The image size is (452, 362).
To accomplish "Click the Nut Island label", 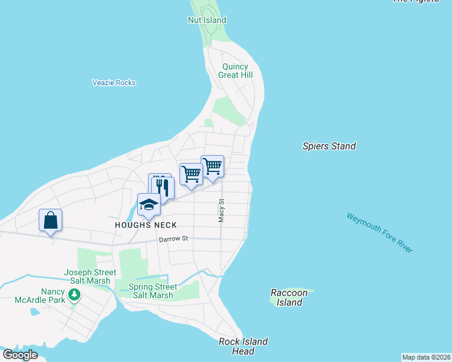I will coord(207,21).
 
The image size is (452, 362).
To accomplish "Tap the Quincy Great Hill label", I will coord(235,71).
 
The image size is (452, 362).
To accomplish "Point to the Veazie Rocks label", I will coord(114,83).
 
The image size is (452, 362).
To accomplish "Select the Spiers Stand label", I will coord(329,146).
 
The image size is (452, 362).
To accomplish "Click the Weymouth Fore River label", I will coord(379,232).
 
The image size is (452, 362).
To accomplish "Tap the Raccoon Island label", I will coord(289,297).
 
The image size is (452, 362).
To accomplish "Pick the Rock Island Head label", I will coord(243,346).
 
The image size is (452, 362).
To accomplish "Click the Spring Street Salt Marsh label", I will coord(153,291).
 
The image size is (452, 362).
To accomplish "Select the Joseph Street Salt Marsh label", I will coord(88,276).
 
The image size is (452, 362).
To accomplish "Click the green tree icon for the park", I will coord(74,295).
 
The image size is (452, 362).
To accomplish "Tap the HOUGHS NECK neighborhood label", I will coord(147,225).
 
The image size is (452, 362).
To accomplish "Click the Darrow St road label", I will coord(173,240).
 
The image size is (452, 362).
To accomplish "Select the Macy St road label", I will coord(222,211).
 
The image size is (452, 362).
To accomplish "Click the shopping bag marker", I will coord(51,220).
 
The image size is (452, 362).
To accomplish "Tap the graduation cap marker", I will coord(149,205).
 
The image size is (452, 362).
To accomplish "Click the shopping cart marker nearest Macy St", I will coord(212,166).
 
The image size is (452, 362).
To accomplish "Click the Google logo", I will coord(20,354).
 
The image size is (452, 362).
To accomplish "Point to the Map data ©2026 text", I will coord(426,357).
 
